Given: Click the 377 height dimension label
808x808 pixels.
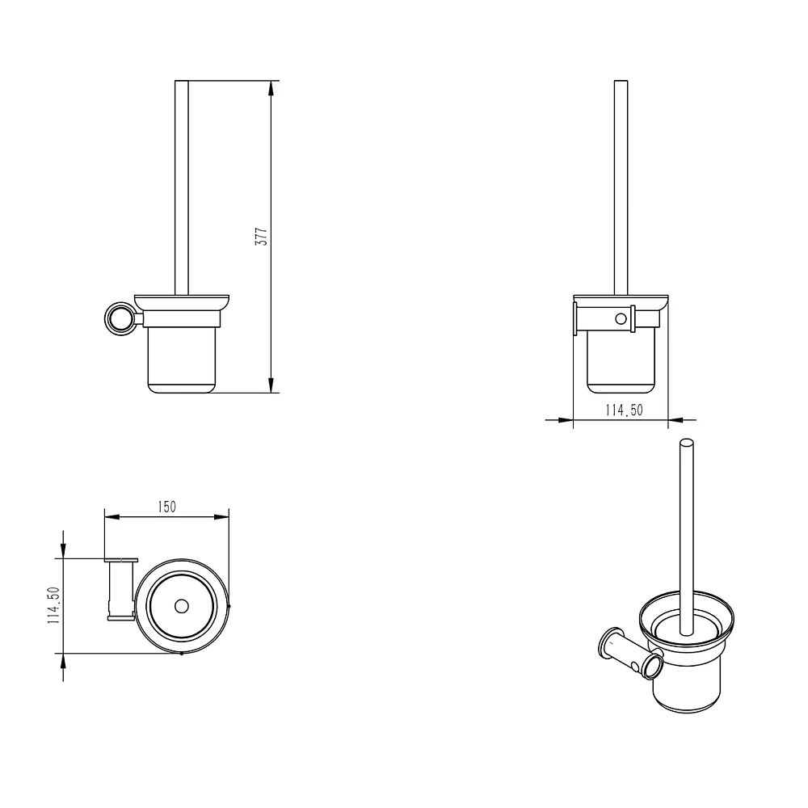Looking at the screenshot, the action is coord(262,237).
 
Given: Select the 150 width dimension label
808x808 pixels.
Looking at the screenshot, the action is coord(167,507).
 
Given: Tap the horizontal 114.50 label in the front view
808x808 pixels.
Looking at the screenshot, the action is coord(624,410).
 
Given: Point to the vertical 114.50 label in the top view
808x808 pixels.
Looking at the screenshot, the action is coord(54,605).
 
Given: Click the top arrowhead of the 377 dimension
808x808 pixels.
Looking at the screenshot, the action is coord(271,88).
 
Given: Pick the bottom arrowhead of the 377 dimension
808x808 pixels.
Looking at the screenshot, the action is coord(271,385).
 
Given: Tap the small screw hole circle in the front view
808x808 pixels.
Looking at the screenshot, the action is coord(621,319).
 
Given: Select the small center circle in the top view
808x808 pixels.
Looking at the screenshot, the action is coord(181,606).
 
